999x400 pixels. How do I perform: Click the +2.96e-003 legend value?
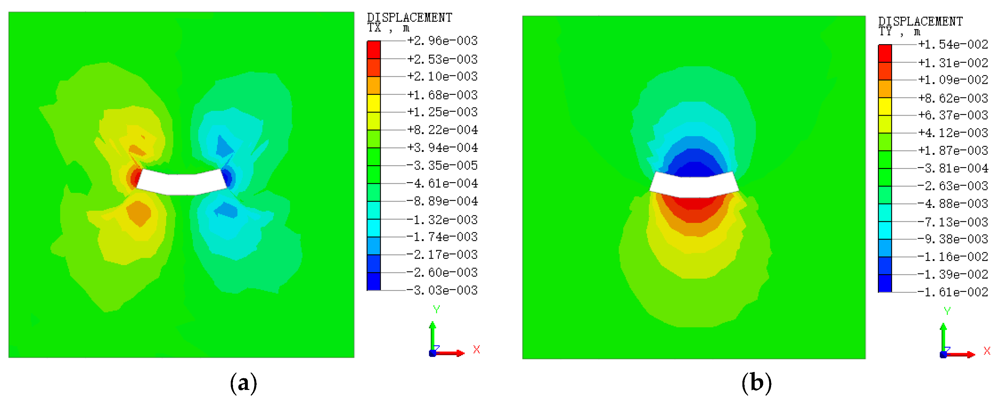point(442,41)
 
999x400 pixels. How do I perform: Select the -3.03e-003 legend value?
point(442,290)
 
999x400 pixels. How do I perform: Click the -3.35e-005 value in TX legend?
point(442,165)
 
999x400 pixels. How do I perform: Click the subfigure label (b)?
point(756,383)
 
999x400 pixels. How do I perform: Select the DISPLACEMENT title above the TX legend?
point(409,17)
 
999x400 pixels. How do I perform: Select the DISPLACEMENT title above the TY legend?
point(920,21)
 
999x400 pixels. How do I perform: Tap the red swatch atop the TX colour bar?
point(374,49)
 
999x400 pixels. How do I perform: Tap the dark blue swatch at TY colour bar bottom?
point(885,283)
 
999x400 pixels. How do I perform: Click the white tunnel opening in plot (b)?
point(694,185)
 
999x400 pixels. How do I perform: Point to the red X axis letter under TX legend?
point(477,350)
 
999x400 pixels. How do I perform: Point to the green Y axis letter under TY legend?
point(947,311)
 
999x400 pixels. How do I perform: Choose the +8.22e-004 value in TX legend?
point(442,130)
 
